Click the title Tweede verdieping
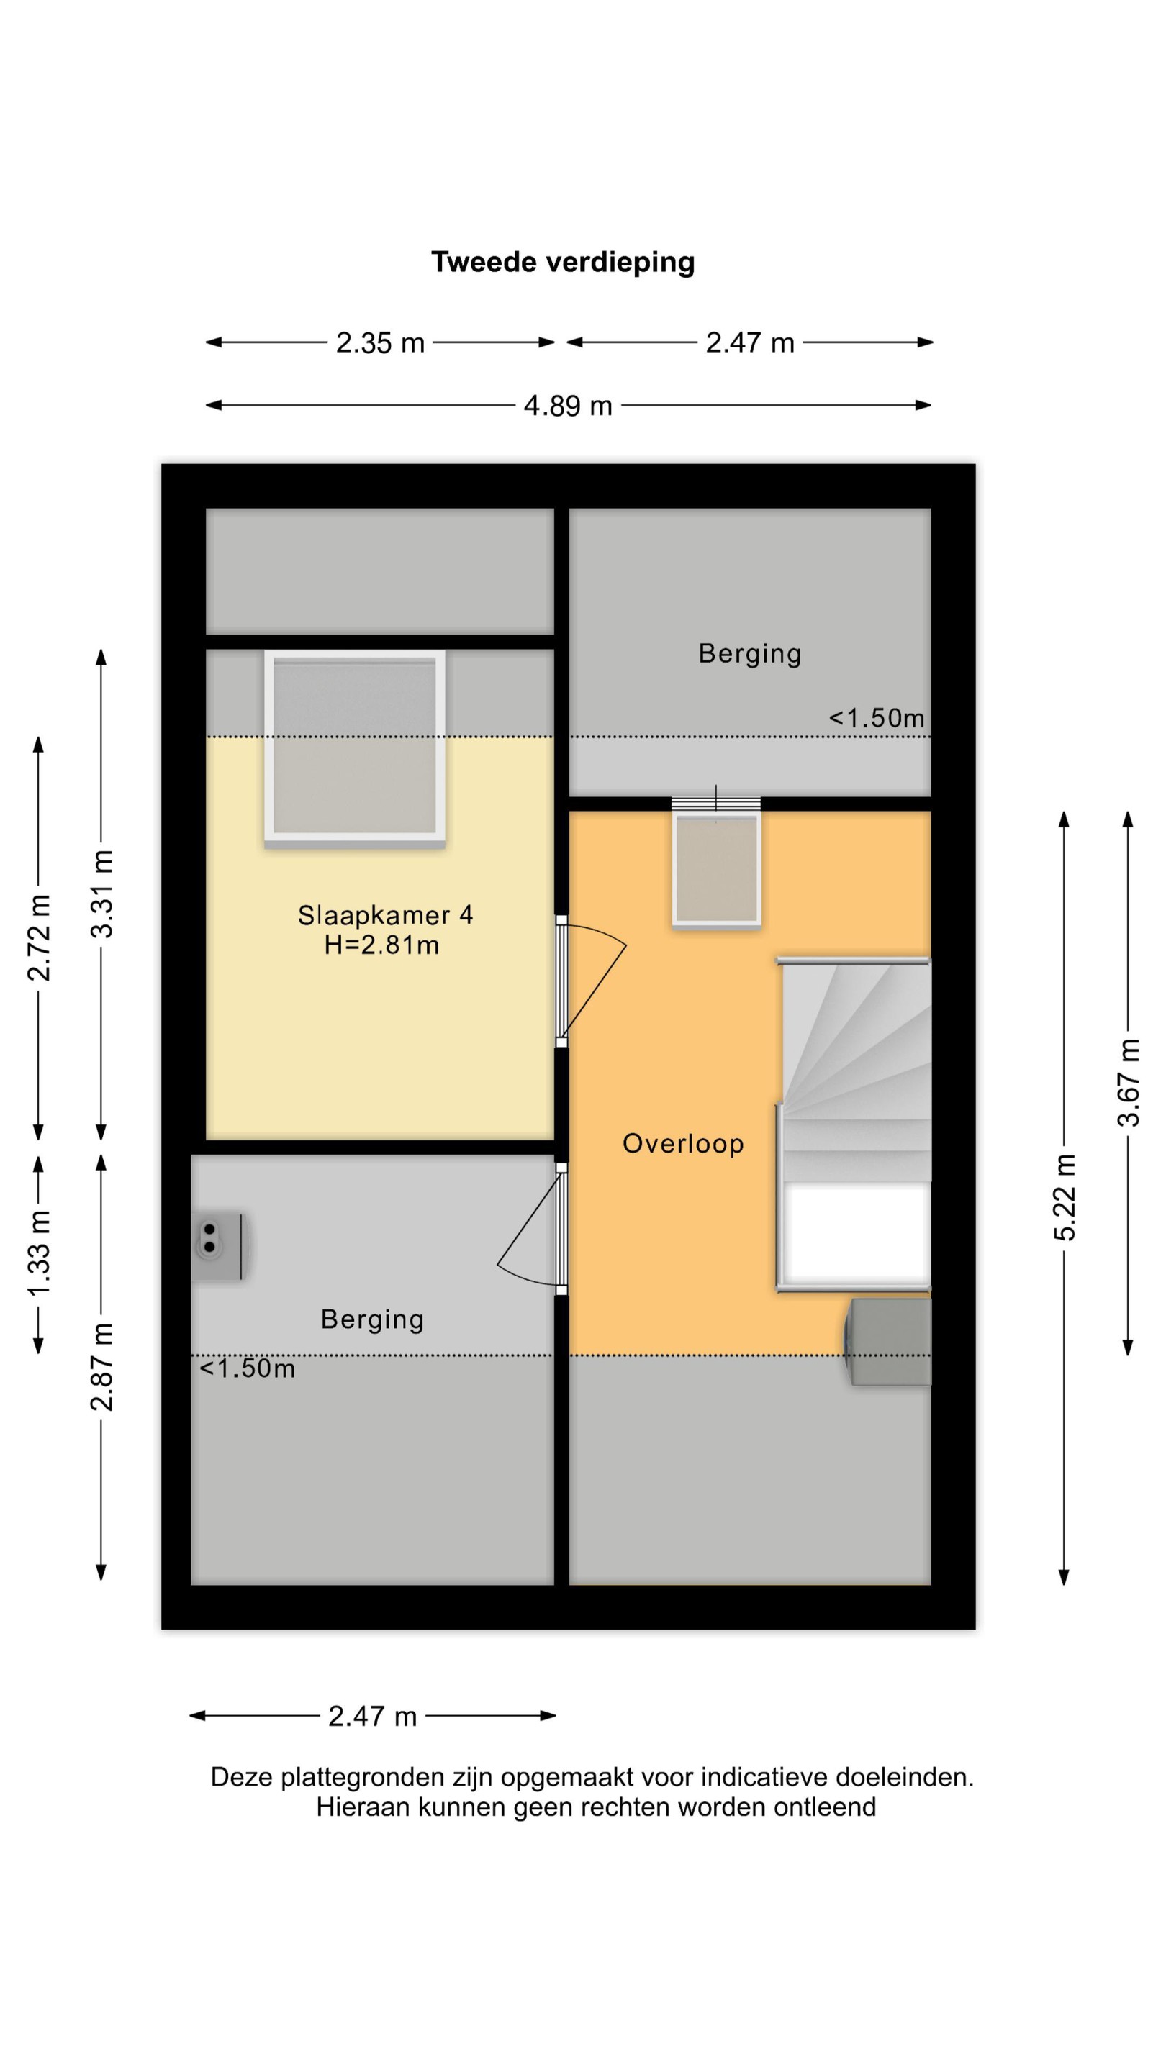[562, 262]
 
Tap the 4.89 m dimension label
[568, 405]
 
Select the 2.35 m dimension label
[380, 342]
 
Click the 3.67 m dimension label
[1128, 1082]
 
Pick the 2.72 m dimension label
[39, 937]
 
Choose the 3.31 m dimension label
[102, 894]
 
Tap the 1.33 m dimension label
[39, 1253]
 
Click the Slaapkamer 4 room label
[386, 914]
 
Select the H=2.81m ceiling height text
[382, 945]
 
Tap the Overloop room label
[683, 1143]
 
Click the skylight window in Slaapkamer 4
[355, 748]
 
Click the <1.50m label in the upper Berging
[877, 717]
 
